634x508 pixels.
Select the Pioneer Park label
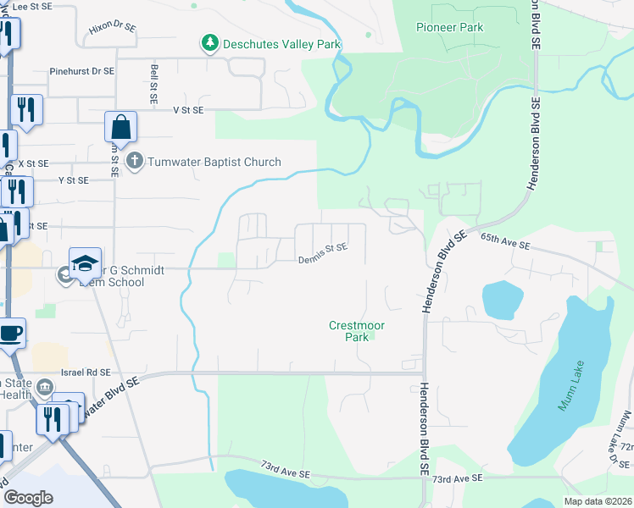[x=449, y=27]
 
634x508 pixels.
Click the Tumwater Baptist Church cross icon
[x=134, y=160]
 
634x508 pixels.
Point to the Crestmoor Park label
[x=349, y=330]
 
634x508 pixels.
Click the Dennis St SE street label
[x=323, y=247]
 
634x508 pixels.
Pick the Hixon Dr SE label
[x=111, y=28]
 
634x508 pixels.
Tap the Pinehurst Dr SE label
[x=81, y=72]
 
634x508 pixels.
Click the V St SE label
[x=188, y=110]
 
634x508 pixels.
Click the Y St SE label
[x=73, y=180]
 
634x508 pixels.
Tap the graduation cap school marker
[x=86, y=263]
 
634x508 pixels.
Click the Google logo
[x=28, y=498]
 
